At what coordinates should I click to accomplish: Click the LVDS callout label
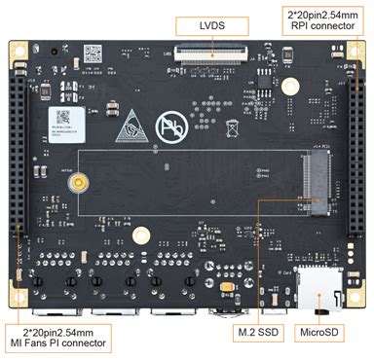[209, 24]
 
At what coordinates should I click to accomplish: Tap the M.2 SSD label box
[258, 333]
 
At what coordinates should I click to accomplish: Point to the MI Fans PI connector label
[57, 339]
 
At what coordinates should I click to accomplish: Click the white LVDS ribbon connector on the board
[209, 54]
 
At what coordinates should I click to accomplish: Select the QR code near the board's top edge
[93, 52]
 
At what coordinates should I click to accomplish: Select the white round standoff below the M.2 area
[142, 234]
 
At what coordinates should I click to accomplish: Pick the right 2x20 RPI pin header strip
[355, 156]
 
